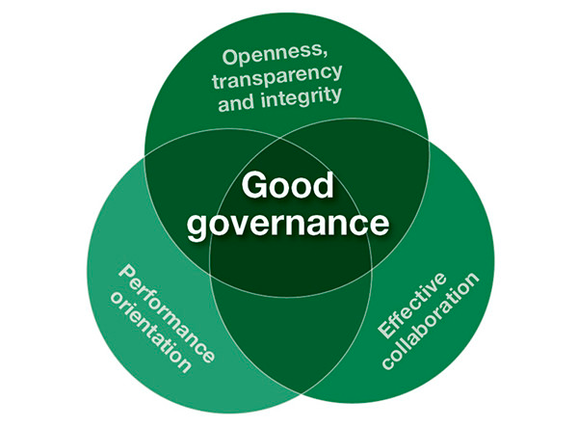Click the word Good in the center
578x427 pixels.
point(287,184)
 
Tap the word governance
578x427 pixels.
point(287,223)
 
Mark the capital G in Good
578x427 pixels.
point(253,184)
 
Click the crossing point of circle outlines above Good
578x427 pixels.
point(289,131)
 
